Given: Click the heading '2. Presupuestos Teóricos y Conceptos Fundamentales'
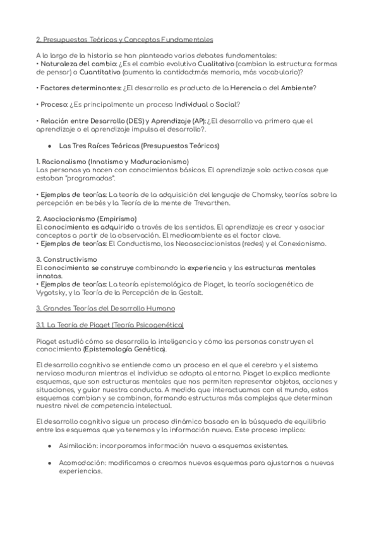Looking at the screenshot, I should [x=124, y=39].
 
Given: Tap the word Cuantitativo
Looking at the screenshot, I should [x=94, y=72].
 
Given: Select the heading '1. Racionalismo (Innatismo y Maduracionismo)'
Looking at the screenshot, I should [x=112, y=162].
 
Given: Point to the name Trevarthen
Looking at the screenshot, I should [x=192, y=203].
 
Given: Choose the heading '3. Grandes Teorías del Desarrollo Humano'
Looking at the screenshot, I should [x=105, y=309].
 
